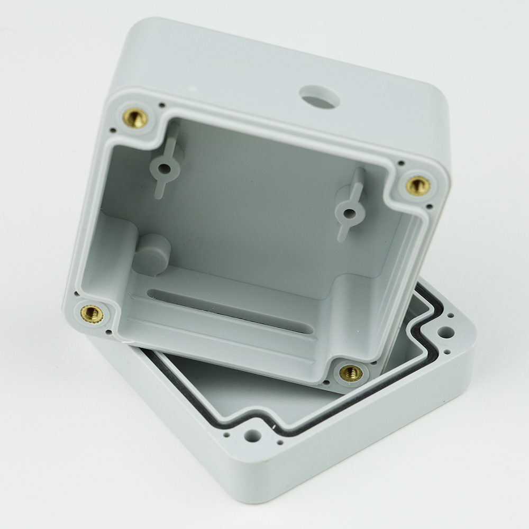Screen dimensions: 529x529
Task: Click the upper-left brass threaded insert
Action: click(135, 118)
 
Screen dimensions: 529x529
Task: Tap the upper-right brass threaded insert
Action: click(418, 185)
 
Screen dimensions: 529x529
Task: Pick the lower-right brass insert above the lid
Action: click(351, 373)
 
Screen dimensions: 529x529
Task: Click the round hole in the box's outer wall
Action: click(319, 97)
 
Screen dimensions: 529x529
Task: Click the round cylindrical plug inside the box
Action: click(152, 253)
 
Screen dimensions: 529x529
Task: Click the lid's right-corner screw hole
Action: click(445, 332)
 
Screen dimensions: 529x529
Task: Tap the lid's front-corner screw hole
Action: click(252, 436)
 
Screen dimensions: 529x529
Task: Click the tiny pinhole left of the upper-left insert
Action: click(113, 130)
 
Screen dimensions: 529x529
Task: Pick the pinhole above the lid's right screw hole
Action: click(450, 315)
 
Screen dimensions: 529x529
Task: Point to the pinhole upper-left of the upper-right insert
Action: click(401, 163)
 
